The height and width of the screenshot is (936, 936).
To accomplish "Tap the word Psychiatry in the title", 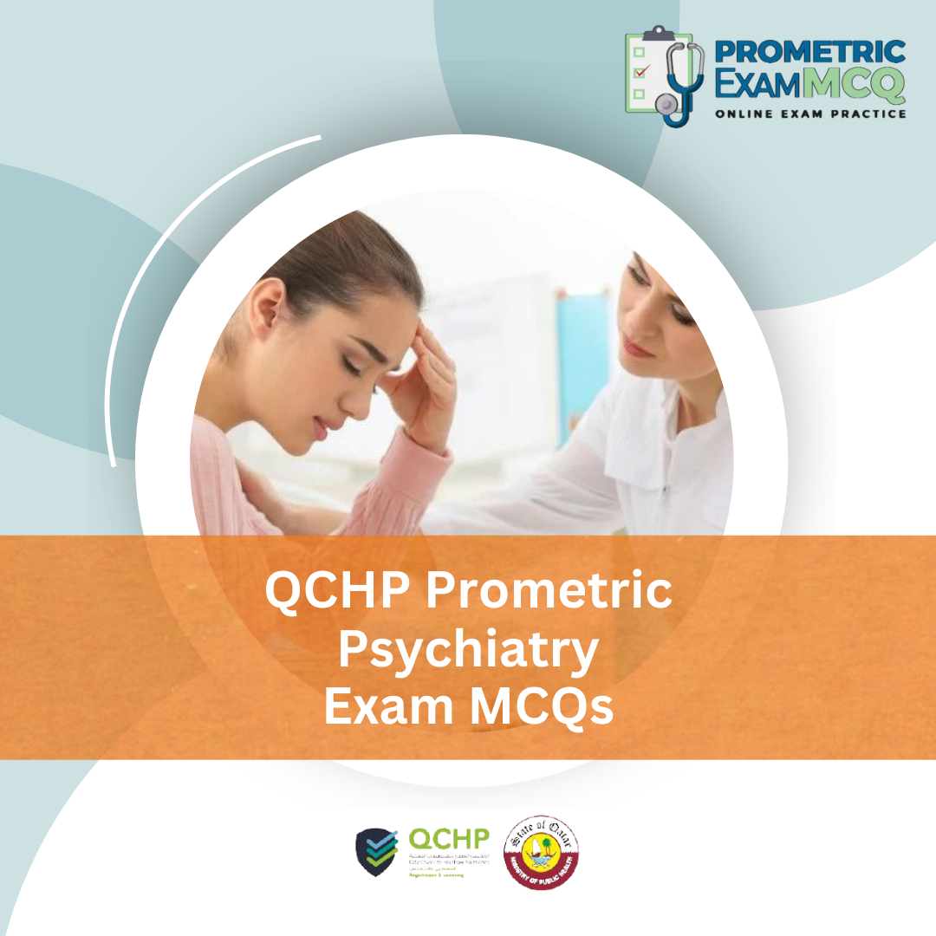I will pos(468,651).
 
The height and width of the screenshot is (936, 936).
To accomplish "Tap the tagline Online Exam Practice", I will pos(810,114).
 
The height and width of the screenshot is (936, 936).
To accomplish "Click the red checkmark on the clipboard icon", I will pos(642,72).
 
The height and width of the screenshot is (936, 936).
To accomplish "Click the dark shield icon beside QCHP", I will pos(377,852).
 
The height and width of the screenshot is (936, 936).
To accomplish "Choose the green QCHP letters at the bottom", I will pos(449,839).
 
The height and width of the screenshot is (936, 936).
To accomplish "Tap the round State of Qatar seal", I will pos(542,852).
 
